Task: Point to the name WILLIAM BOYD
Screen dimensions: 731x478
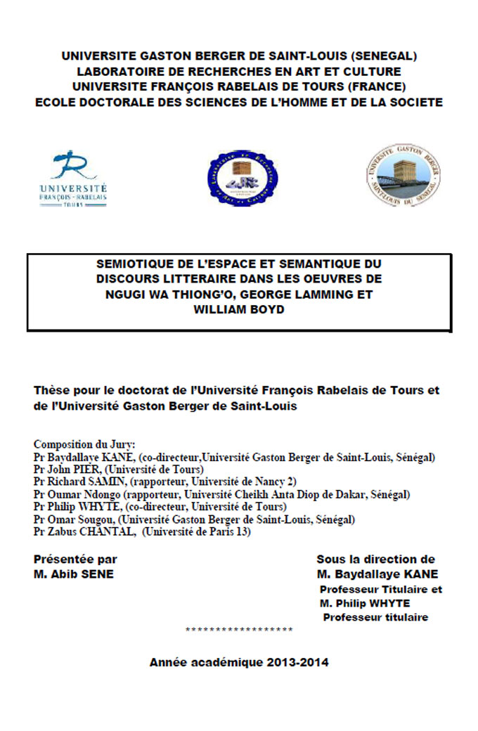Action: coord(239,309)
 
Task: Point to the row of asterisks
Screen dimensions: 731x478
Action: coord(239,630)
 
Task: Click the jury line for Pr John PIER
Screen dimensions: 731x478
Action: coord(119,469)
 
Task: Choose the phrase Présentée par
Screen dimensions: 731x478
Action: coord(75,559)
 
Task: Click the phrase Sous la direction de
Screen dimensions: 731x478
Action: coord(375,559)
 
